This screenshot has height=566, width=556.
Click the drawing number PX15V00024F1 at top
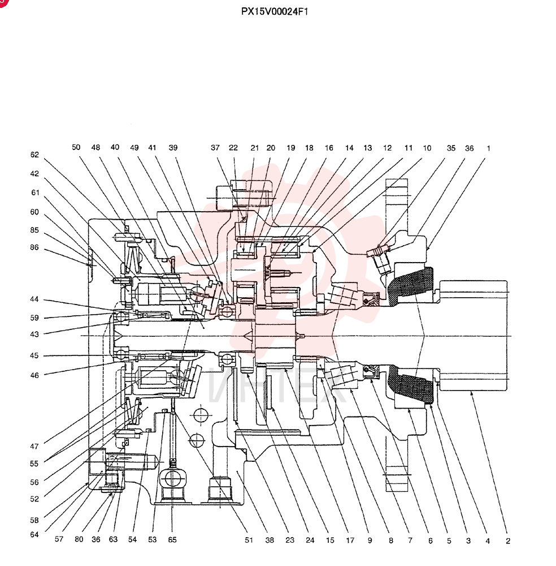tap(275, 11)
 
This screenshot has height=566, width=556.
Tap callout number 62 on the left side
tap(34, 155)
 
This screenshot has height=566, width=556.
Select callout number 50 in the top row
tap(76, 147)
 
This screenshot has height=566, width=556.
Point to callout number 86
tap(34, 248)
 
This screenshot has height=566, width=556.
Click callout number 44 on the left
tap(34, 299)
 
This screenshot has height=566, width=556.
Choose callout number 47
tap(34, 447)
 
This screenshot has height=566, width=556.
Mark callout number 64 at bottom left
tap(34, 535)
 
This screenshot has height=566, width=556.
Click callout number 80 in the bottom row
tap(79, 539)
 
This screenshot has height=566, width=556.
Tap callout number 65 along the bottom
tap(172, 539)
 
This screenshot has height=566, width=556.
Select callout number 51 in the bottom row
tap(249, 540)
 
